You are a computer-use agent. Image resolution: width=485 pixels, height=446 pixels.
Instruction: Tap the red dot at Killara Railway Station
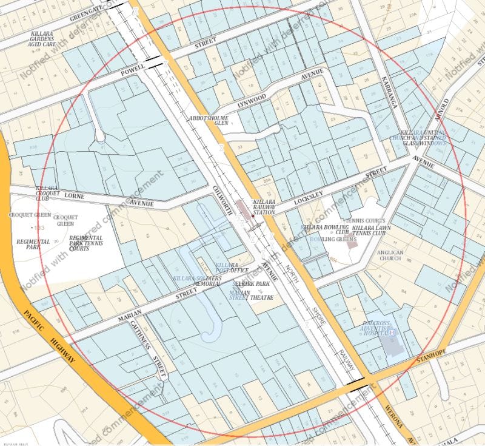tap(253, 215)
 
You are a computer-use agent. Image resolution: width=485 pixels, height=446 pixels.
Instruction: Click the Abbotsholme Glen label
tap(209, 120)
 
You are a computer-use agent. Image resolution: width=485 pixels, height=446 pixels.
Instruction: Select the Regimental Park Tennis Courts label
tap(85, 242)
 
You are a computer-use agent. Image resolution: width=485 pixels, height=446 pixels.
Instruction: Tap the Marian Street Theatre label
tap(251, 294)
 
